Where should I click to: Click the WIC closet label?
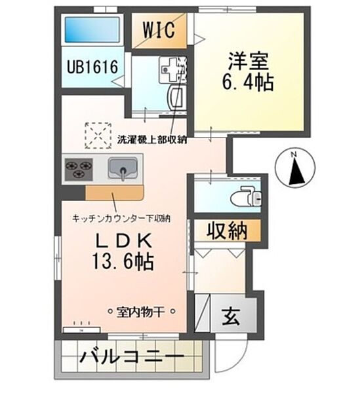pyautogui.click(x=159, y=30)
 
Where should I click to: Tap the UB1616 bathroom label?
pyautogui.click(x=92, y=67)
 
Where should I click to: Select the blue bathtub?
pyautogui.click(x=92, y=29)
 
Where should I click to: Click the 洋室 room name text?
pyautogui.click(x=248, y=61)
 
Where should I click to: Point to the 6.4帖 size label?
pyautogui.click(x=248, y=82)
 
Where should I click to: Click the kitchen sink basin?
pyautogui.click(x=123, y=168)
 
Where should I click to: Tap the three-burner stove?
pyautogui.click(x=79, y=170)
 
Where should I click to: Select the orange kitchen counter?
pyautogui.click(x=114, y=193)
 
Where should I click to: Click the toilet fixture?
pyautogui.click(x=246, y=196)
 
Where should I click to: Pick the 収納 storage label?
pyautogui.click(x=227, y=231)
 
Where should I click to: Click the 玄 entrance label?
pyautogui.click(x=231, y=316)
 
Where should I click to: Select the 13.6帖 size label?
pyautogui.click(x=123, y=261)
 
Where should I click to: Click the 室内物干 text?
pyautogui.click(x=140, y=312)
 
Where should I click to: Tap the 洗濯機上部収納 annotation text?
pyautogui.click(x=152, y=140)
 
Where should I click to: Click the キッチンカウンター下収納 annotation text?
pyautogui.click(x=121, y=219)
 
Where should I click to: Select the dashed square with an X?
pyautogui.click(x=98, y=136)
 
